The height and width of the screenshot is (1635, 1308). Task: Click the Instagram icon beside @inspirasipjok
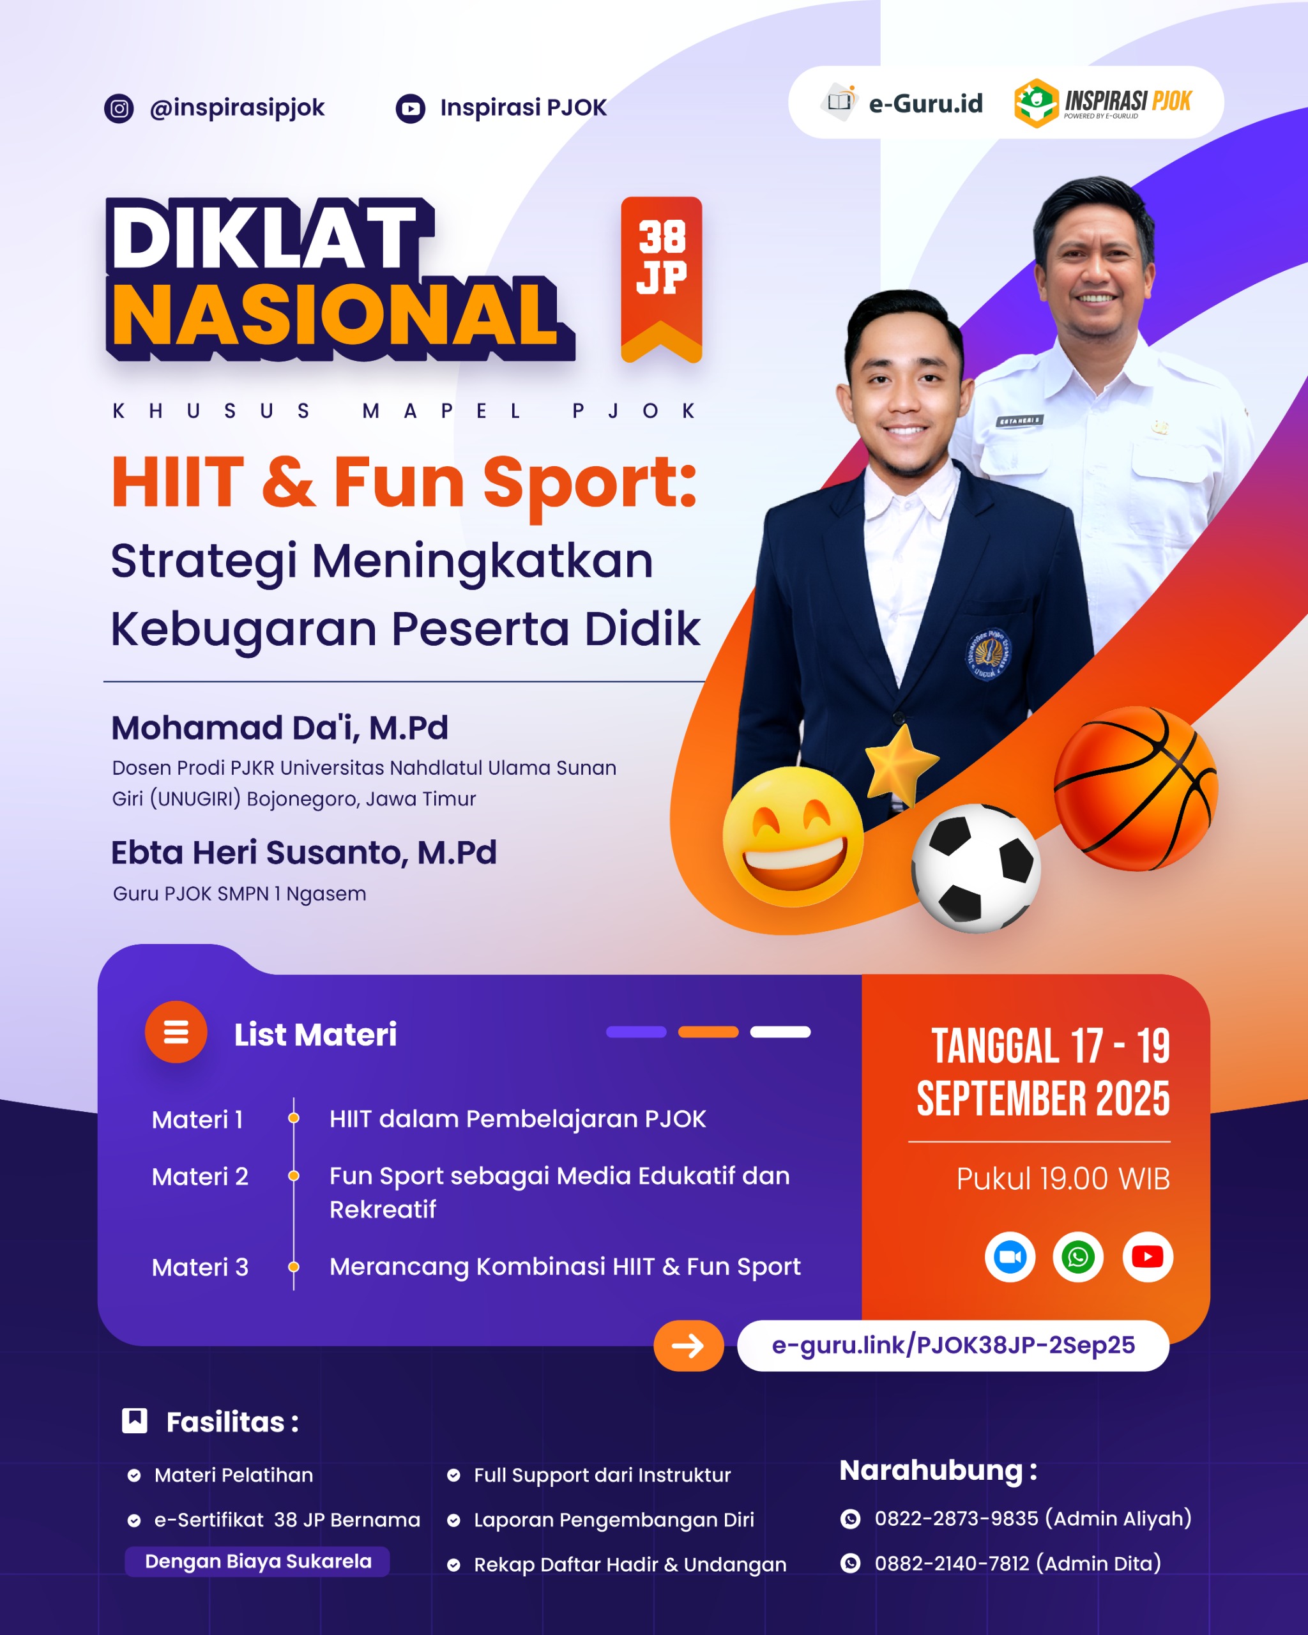(119, 109)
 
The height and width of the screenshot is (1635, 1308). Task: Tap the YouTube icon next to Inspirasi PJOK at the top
(410, 109)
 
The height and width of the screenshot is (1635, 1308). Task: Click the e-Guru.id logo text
(925, 103)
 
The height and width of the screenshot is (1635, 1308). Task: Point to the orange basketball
(1135, 789)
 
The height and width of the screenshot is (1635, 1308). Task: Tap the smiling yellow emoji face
(793, 837)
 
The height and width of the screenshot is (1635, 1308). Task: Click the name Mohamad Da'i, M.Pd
(280, 728)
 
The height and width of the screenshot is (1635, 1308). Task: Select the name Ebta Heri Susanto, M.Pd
(303, 853)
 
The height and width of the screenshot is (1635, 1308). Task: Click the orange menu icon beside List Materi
(176, 1032)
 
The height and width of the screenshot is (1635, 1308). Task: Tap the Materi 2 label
(200, 1176)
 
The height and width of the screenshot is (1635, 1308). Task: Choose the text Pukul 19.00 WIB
(1062, 1178)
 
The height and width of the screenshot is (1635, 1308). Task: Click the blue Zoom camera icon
(1010, 1256)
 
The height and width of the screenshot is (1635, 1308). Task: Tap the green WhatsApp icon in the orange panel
(1077, 1256)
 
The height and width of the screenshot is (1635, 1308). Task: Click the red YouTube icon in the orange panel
(1147, 1256)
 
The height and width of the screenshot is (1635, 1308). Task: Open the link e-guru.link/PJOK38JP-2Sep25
(953, 1345)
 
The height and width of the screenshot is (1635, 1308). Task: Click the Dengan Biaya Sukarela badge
(258, 1562)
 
